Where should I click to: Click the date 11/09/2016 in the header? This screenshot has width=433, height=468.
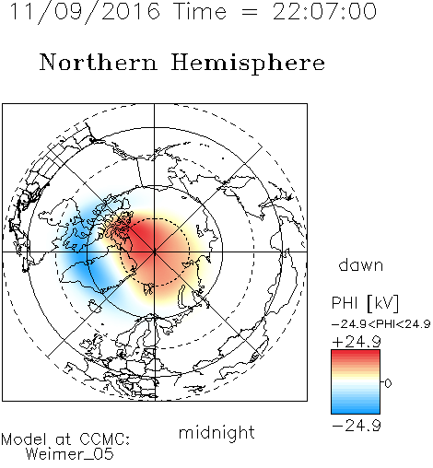point(85,12)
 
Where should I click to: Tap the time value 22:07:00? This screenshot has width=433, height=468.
point(324,12)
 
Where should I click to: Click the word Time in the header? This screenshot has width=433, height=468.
point(200,12)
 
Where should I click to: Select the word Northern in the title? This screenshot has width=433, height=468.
point(99,62)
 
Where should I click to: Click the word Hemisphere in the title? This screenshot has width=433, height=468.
point(248,63)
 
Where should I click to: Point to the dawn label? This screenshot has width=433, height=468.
point(361,264)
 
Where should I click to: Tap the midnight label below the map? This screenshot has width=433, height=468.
point(216,433)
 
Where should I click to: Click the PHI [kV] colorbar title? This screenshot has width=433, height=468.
point(365,303)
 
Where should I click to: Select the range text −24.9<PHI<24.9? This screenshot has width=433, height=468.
point(381,324)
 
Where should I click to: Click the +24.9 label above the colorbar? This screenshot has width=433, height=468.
point(357,342)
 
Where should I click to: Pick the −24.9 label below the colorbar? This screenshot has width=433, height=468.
point(357,426)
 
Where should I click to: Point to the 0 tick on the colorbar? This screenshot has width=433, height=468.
point(388,383)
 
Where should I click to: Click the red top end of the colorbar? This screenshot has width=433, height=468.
point(356,353)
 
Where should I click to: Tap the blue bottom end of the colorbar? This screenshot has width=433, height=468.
point(356,410)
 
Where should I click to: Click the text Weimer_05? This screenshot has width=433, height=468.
point(70,454)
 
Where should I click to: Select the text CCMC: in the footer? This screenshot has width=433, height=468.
point(104,439)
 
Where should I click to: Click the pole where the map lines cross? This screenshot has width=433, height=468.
point(155,252)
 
